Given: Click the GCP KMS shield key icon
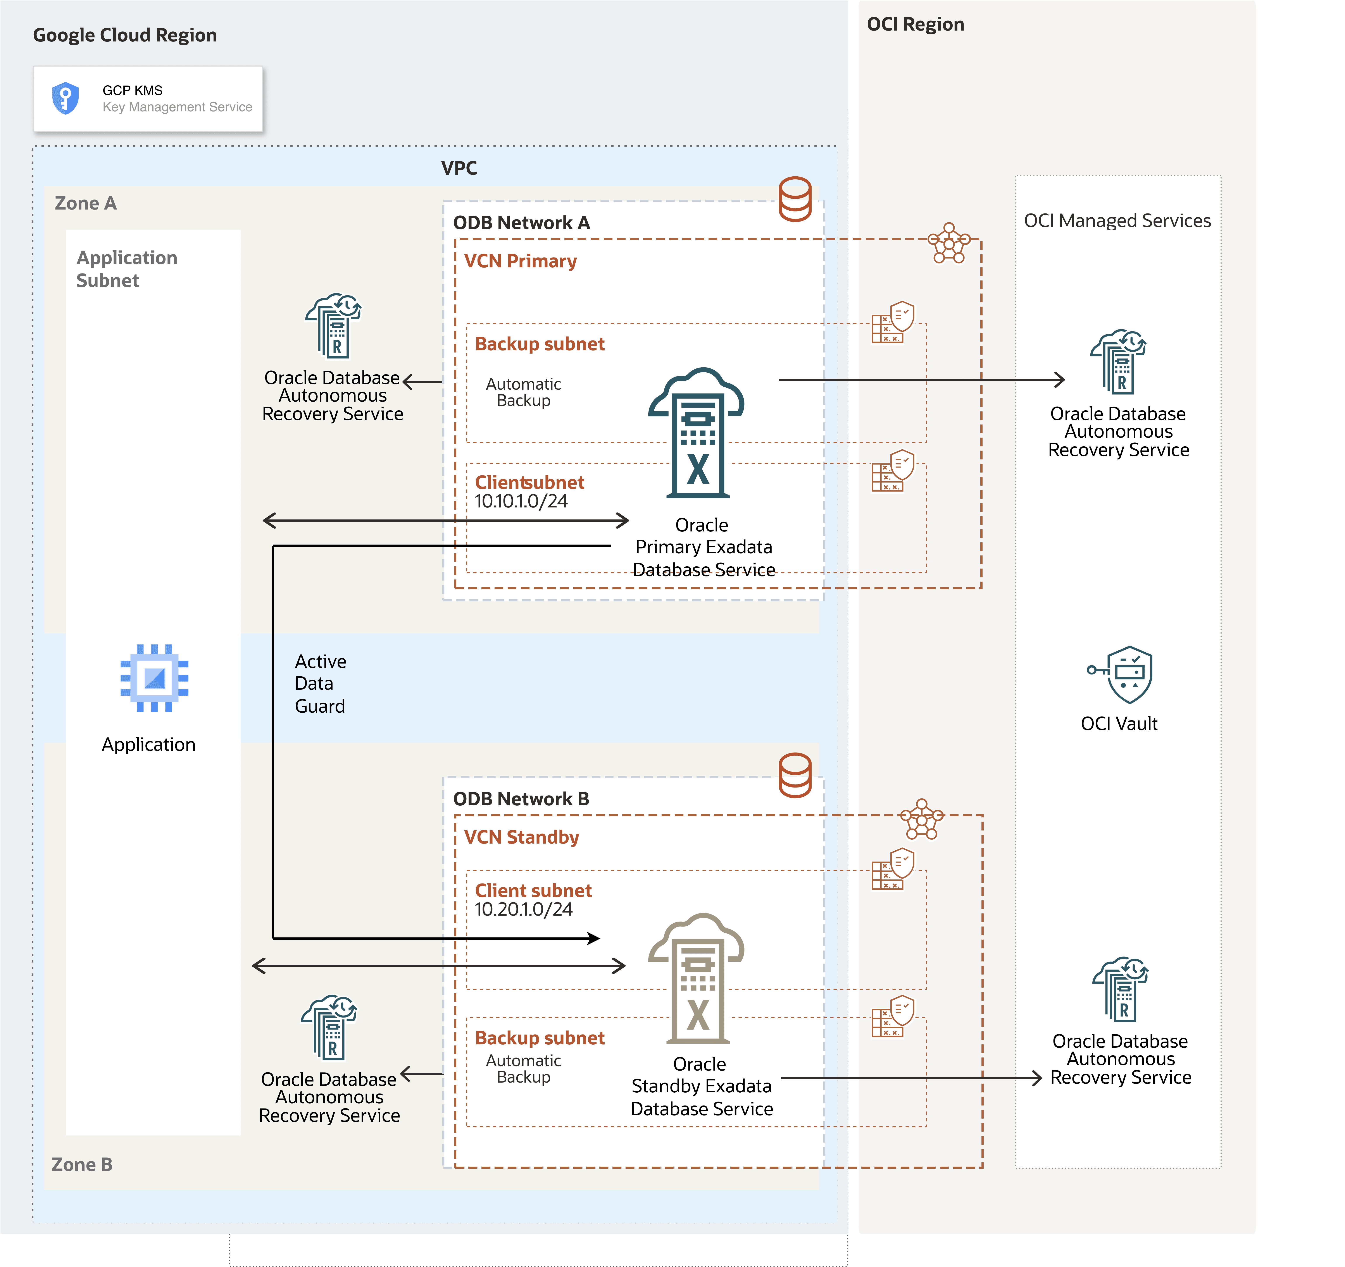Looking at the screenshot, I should [x=66, y=99].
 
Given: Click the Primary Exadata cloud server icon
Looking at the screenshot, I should [x=697, y=433].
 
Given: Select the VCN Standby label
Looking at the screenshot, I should [x=522, y=837].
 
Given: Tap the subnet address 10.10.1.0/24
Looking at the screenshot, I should [x=521, y=501].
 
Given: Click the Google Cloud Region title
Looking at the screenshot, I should [x=125, y=35].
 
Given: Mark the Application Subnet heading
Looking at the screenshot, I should [x=126, y=268].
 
